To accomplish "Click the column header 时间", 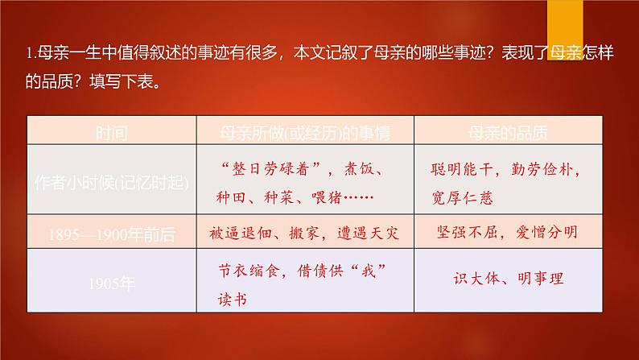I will (109, 130).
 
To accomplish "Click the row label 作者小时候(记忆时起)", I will (109, 182).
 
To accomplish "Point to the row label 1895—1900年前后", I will (109, 234).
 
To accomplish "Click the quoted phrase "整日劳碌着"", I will (270, 170).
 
